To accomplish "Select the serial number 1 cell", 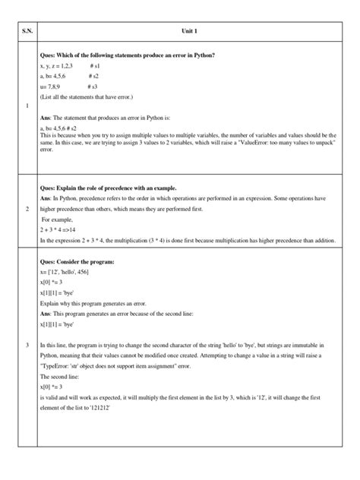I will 27,106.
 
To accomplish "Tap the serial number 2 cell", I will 27,208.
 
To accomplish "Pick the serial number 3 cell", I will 27,346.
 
